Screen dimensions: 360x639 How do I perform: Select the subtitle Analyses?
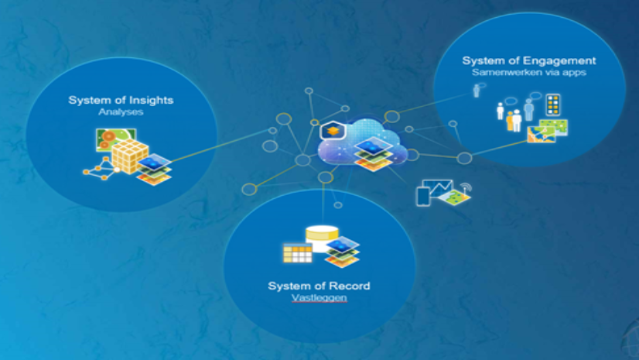point(121,112)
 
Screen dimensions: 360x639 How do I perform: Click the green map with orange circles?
point(106,140)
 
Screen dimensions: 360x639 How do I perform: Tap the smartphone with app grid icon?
point(552,105)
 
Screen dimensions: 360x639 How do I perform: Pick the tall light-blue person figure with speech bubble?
point(529,108)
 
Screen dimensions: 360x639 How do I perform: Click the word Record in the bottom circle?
point(347,286)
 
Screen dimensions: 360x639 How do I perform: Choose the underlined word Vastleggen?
point(319,298)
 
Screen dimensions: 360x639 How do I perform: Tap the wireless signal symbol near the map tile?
point(466,188)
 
